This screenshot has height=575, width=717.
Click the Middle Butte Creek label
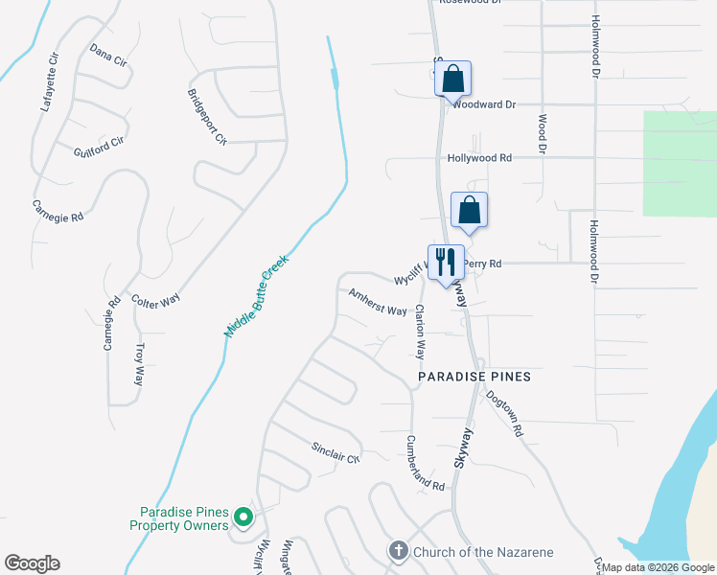click(256, 295)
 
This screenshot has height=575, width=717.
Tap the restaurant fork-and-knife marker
click(445, 264)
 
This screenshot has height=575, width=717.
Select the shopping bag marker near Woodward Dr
click(454, 80)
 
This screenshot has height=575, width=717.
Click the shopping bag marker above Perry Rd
click(470, 210)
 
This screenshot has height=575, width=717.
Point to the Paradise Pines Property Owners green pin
click(243, 518)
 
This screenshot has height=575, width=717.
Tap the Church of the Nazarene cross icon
click(398, 551)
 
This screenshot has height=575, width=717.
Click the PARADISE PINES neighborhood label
click(474, 377)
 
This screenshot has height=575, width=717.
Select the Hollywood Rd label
click(479, 158)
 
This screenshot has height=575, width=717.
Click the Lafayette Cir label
click(49, 83)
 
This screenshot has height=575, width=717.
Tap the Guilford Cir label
click(100, 147)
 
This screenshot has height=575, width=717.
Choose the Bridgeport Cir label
click(207, 116)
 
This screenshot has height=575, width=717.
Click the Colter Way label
click(155, 300)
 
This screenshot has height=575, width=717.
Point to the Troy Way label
click(140, 364)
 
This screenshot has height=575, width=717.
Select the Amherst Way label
click(378, 303)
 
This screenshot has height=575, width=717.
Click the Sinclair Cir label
click(335, 452)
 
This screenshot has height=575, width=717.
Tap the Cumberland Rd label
click(426, 463)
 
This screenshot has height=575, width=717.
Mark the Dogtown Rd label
click(504, 413)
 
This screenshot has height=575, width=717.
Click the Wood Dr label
click(542, 135)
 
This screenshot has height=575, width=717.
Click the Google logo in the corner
click(32, 563)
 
